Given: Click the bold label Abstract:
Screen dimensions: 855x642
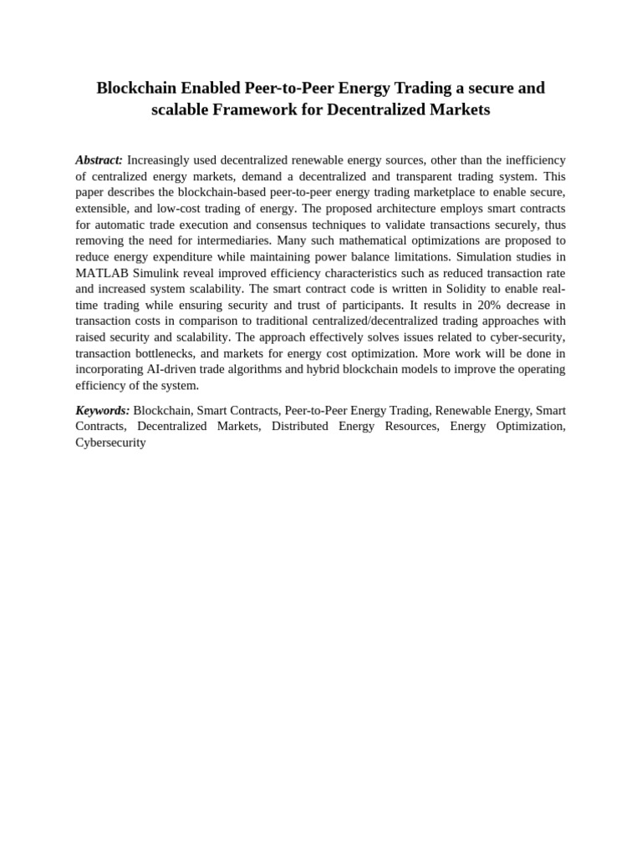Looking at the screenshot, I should [x=99, y=159].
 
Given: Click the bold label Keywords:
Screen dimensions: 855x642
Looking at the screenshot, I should [x=102, y=410].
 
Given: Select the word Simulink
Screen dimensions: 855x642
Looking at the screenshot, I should [x=159, y=272].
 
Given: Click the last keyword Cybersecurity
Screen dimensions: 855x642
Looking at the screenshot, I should [x=110, y=443].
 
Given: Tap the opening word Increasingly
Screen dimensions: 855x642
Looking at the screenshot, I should [x=164, y=159].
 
